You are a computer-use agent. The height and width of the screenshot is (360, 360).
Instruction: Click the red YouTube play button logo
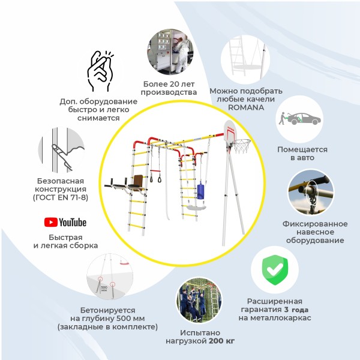(51, 222)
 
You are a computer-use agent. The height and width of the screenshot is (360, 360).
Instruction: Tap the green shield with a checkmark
(275, 270)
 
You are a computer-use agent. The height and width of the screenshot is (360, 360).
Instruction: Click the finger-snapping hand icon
(100, 71)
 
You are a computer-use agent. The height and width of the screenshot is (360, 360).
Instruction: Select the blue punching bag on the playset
(200, 190)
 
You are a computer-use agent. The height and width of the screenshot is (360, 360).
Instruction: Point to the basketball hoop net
(241, 146)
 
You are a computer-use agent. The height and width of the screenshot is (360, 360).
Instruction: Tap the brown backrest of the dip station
(138, 181)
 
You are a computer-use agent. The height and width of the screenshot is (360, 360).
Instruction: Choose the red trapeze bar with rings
(155, 176)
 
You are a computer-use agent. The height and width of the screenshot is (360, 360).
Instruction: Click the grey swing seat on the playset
(196, 208)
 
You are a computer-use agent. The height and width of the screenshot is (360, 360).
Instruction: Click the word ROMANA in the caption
(246, 107)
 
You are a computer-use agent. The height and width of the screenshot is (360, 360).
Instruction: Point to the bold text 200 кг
(222, 341)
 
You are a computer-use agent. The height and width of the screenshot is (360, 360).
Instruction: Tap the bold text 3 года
(296, 310)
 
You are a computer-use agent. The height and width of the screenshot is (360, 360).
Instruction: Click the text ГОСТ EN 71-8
(61, 197)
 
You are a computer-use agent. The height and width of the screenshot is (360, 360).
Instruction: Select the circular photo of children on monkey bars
(199, 300)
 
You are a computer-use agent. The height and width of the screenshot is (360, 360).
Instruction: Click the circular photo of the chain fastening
(311, 193)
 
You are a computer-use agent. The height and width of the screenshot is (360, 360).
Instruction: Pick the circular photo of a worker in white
(170, 52)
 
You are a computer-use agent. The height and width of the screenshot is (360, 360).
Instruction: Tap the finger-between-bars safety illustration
(61, 150)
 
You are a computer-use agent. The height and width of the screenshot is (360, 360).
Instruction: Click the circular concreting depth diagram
(110, 277)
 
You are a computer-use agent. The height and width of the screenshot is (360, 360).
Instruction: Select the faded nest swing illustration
(245, 59)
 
